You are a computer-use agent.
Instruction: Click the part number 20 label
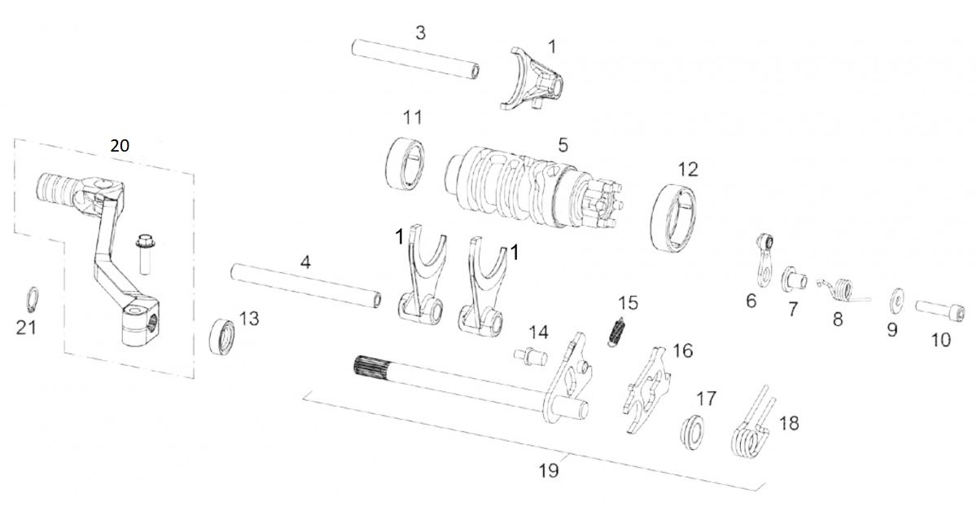point(120,145)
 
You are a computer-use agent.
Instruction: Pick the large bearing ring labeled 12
point(677,216)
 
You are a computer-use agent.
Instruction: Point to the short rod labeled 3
point(414,59)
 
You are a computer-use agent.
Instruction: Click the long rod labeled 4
point(306,284)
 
